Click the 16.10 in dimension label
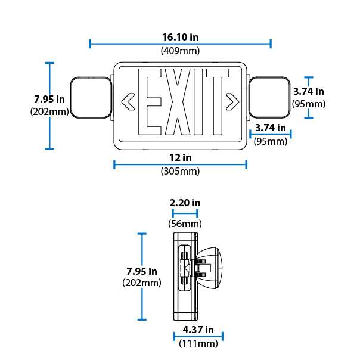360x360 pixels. (x=180, y=37)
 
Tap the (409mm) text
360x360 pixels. (x=180, y=51)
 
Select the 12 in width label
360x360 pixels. (x=180, y=158)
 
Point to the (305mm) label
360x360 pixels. (x=180, y=172)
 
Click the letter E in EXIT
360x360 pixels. (x=148, y=103)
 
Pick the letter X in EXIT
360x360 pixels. (x=177, y=103)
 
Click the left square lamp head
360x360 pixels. (x=91, y=97)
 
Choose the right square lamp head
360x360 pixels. (x=269, y=97)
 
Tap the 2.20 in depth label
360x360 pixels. (x=185, y=203)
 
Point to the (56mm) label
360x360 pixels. (x=185, y=224)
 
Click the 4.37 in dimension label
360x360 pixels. (x=198, y=330)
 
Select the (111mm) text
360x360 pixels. (x=198, y=343)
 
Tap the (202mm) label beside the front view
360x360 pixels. (x=48, y=111)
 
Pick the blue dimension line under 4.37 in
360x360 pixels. (x=198, y=337)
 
